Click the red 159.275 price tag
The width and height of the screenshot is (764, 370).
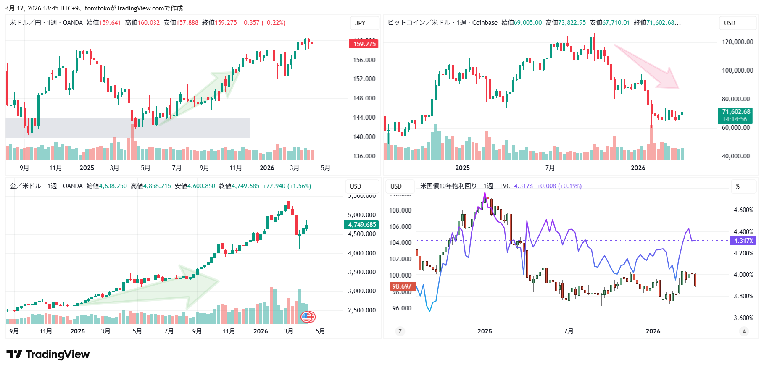(x=364, y=44)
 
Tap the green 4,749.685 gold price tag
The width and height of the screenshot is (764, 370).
(x=361, y=225)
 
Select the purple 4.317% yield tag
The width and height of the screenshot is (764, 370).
(x=743, y=241)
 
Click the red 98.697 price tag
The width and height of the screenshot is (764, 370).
(x=402, y=286)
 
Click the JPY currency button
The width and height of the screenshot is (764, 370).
(x=360, y=23)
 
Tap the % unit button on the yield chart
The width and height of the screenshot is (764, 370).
(x=738, y=186)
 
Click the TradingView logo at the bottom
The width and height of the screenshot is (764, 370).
(x=48, y=354)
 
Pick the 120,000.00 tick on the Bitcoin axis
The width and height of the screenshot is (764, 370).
(x=738, y=42)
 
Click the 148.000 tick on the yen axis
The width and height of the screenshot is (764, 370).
(x=364, y=98)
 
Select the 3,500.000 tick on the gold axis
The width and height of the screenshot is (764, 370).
(x=362, y=272)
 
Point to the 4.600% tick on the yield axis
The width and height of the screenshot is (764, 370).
(x=743, y=210)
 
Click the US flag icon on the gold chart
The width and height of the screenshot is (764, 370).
(x=308, y=317)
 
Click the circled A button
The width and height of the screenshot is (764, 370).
(x=744, y=331)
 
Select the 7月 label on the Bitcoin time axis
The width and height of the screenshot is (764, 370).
(x=550, y=168)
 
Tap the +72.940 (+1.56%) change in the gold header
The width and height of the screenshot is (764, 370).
(x=287, y=186)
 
